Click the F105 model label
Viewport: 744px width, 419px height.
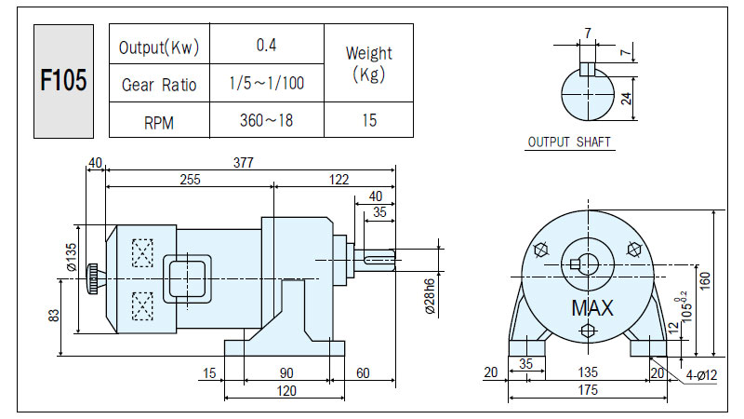pos(63,80)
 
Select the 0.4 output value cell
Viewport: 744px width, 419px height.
pos(266,45)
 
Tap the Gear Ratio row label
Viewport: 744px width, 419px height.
pos(159,85)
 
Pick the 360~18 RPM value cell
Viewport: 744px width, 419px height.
pos(266,120)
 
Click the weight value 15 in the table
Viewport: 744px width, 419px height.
pos(369,120)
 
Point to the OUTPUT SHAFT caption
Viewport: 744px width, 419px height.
pos(569,142)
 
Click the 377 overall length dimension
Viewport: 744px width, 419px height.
pos(244,162)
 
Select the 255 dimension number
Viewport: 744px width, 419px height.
pos(190,179)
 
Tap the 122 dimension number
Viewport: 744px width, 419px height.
pos(339,179)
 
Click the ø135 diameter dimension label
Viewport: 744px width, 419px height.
pos(72,257)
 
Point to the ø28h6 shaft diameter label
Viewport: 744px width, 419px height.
pos(430,296)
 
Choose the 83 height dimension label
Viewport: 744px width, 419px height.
pos(54,316)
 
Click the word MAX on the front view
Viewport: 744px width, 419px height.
pos(592,308)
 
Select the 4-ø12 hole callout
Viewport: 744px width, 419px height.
pos(701,375)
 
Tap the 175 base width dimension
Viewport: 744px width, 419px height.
pos(588,390)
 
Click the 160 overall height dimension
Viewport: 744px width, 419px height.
pos(705,281)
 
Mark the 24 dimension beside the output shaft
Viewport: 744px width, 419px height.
pos(626,99)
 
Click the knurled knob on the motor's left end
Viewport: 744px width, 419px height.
pos(93,278)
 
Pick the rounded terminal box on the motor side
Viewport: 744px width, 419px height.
pos(188,278)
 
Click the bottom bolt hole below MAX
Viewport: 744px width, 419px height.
pos(588,331)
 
